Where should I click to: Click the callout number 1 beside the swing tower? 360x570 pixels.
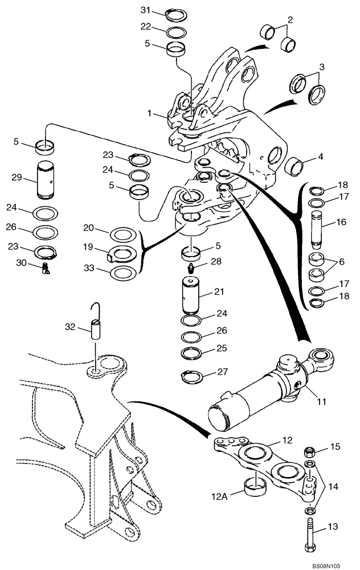coord(149,113)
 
